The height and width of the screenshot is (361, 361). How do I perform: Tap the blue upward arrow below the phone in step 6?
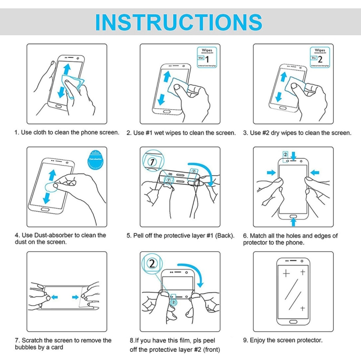click(294, 222)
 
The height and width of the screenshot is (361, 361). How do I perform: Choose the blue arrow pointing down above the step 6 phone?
click(294, 155)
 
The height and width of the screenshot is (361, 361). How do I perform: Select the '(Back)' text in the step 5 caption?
click(224, 236)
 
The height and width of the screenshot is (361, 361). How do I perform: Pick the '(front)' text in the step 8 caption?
click(210, 350)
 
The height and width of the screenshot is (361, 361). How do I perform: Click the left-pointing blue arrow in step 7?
click(55, 297)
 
